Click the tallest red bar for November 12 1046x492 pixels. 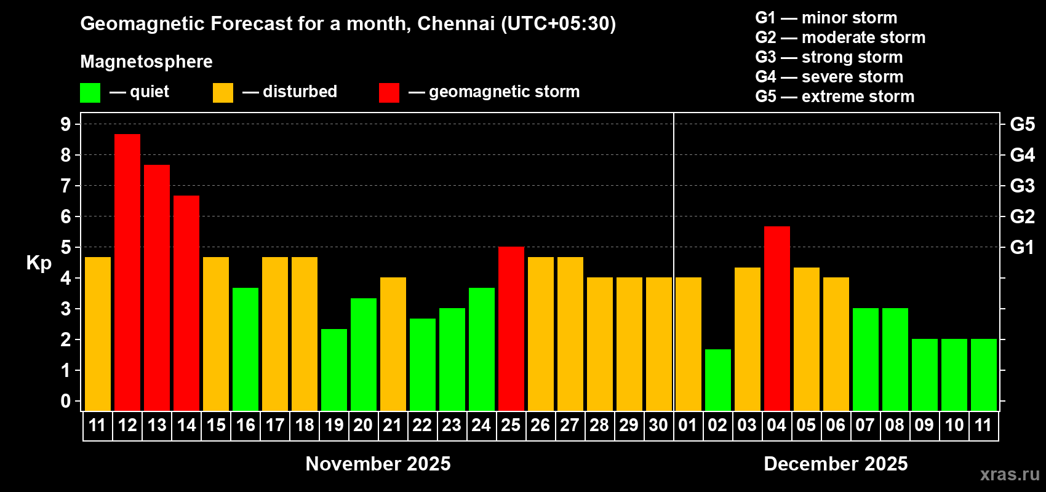(127, 272)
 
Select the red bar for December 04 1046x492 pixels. (777, 318)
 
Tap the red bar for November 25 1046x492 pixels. (511, 328)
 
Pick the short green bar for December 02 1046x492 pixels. (718, 379)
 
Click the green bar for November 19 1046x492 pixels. (334, 370)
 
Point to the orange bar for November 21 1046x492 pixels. (393, 344)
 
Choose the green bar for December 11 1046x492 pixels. (984, 375)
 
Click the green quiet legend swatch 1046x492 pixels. (90, 93)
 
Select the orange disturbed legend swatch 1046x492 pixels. (223, 93)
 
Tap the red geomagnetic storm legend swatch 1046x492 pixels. (389, 93)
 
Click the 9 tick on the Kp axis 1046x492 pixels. (66, 124)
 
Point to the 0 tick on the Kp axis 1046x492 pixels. (66, 401)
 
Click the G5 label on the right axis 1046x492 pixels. (1022, 124)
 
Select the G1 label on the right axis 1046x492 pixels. (1022, 247)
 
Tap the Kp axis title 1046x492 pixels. (39, 263)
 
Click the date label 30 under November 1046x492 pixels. (658, 425)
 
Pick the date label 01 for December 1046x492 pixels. (688, 425)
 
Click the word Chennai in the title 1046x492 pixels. (455, 23)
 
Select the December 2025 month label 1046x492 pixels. (836, 464)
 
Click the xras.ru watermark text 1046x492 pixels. (1010, 474)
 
